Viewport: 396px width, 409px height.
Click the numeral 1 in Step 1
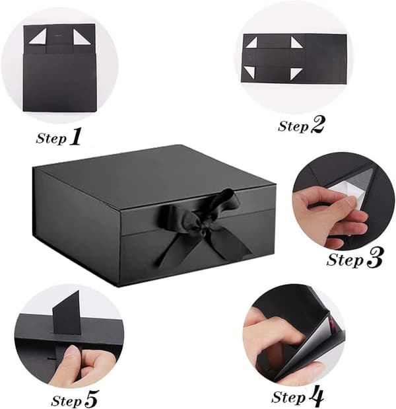(75, 136)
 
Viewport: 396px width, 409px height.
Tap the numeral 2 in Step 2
(317, 125)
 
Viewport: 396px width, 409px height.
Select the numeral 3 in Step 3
(374, 258)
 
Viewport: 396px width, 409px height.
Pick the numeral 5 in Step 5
(91, 399)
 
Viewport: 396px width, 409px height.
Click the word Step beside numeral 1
(51, 138)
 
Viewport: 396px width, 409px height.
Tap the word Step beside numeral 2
(293, 126)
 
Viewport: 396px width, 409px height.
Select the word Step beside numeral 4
(288, 398)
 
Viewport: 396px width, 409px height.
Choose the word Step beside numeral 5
(67, 400)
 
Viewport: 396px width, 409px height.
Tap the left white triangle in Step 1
(40, 36)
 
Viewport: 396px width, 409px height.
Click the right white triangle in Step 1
(81, 37)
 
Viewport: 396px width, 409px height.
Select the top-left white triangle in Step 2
(253, 44)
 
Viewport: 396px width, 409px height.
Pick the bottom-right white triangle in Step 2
(296, 73)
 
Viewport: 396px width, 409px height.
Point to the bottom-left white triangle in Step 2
(250, 71)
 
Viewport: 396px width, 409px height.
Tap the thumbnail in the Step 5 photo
(71, 351)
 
